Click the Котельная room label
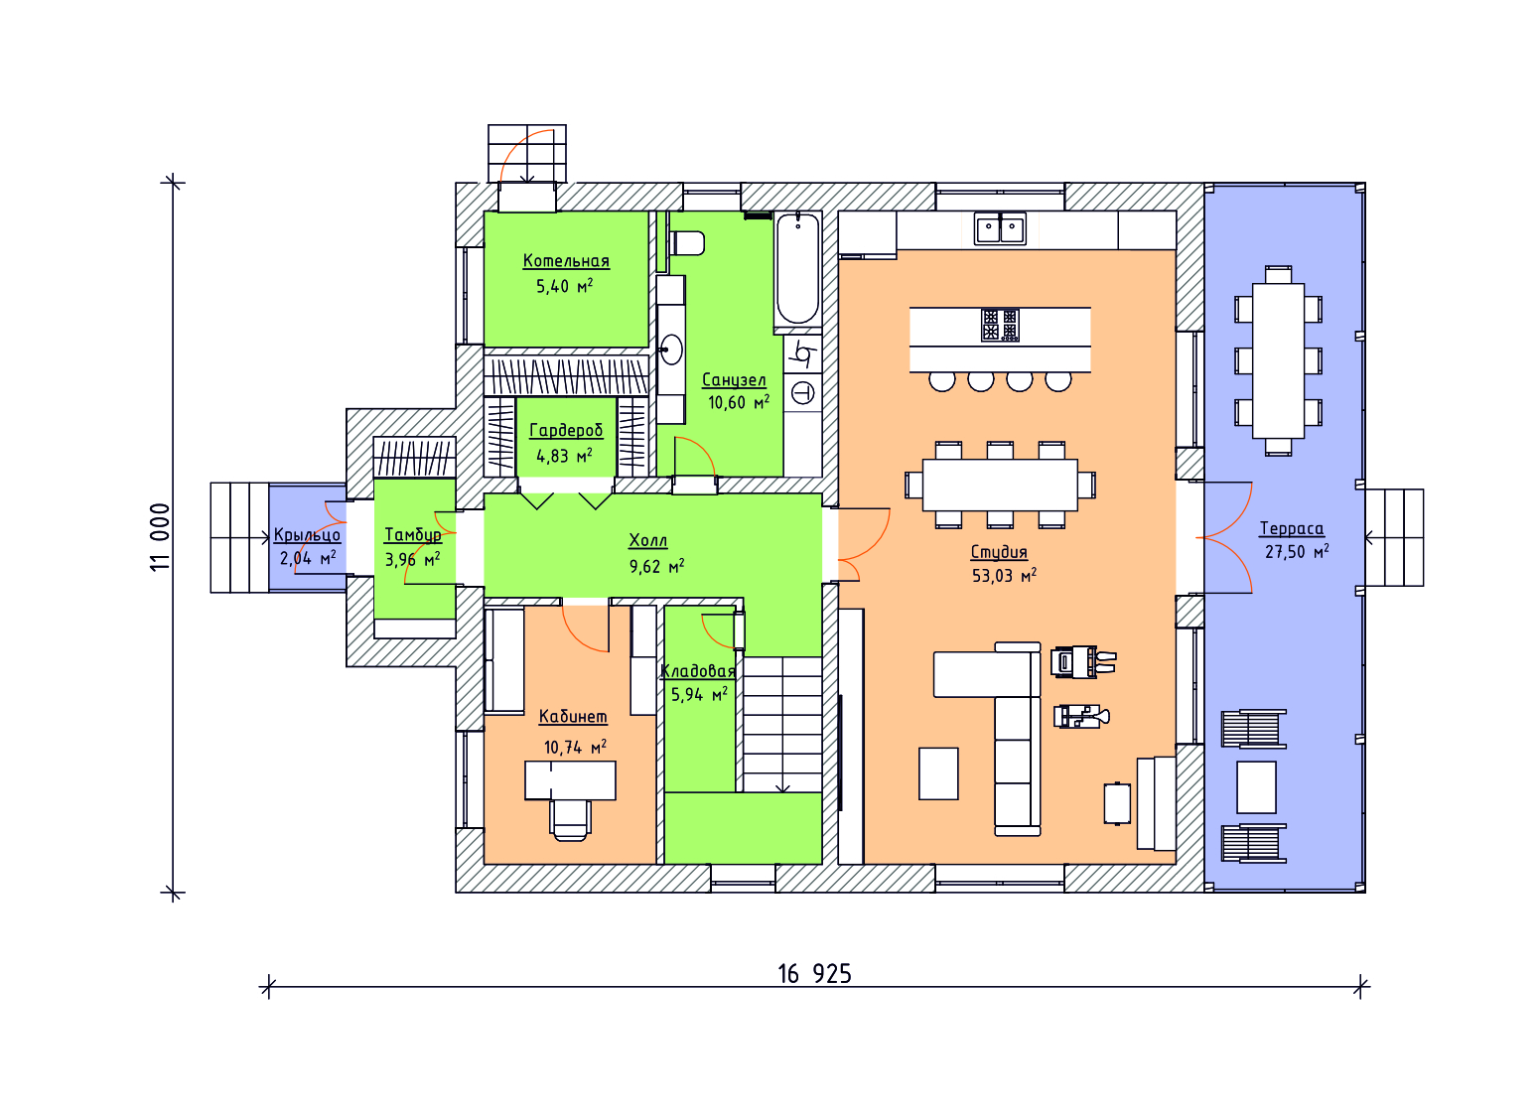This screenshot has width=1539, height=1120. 566,261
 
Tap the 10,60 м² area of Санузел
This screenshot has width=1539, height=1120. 739,403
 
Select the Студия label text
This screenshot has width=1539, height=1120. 999,552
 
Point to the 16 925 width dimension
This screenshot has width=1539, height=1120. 814,974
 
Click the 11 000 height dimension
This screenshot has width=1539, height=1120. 160,537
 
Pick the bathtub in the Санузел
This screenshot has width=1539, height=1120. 797,269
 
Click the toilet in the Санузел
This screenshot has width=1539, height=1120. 686,243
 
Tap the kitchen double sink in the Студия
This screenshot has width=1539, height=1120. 1001,228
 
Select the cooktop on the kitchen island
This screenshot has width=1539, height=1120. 1000,326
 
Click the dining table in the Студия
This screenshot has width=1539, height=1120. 1000,486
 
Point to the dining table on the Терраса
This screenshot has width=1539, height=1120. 1278,360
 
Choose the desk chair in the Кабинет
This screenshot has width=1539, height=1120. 570,820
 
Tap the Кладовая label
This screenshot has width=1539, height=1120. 698,671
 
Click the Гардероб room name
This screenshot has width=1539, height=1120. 566,431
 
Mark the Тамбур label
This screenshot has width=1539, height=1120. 413,535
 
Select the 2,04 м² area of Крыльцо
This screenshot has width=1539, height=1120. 308,558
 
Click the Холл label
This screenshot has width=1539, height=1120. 648,541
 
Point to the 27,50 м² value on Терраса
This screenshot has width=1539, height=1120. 1297,552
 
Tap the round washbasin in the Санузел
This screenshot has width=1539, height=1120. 670,350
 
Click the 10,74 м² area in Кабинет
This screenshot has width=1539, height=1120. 575,747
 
